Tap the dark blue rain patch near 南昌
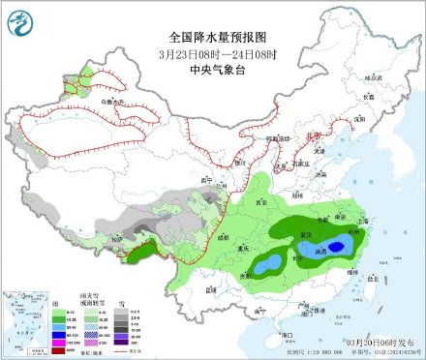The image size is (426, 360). [334, 248]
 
